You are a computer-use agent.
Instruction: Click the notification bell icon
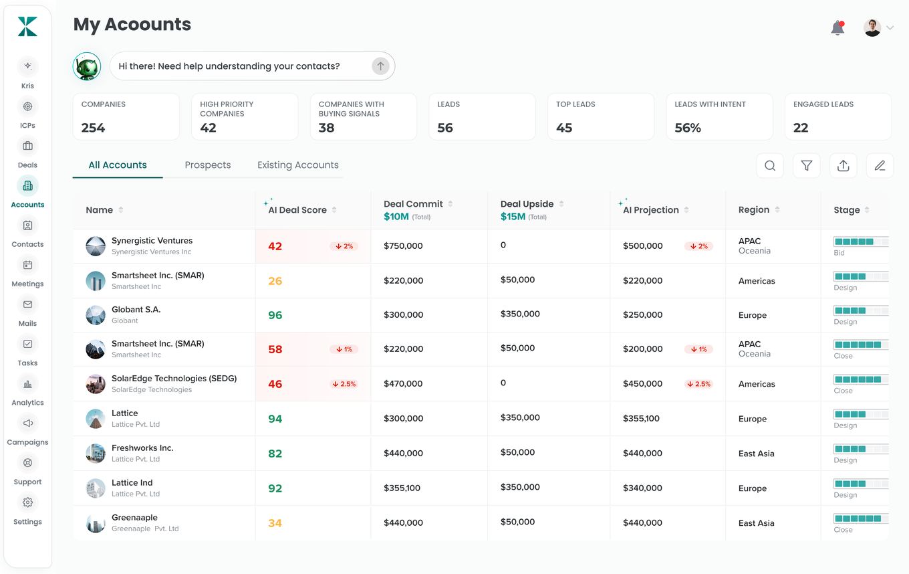pos(837,27)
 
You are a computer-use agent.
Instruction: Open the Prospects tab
pos(208,165)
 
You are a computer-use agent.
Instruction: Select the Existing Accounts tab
pos(298,165)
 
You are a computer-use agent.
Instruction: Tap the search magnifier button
pos(770,166)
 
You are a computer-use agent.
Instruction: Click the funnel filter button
pos(806,166)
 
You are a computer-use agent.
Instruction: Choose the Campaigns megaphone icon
pos(27,423)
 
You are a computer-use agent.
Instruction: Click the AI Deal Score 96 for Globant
pos(275,315)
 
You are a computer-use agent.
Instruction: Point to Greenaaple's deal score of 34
pos(275,523)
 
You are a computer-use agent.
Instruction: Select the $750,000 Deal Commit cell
pos(403,246)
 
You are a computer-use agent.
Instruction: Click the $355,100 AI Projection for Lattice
pos(641,418)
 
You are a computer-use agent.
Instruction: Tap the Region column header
pos(753,209)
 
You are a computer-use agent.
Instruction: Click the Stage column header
pos(846,210)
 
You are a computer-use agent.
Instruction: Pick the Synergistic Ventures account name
pos(152,240)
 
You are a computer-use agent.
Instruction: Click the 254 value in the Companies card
pos(93,128)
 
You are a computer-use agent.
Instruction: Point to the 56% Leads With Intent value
pos(687,128)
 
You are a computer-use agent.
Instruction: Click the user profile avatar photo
pos(872,27)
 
